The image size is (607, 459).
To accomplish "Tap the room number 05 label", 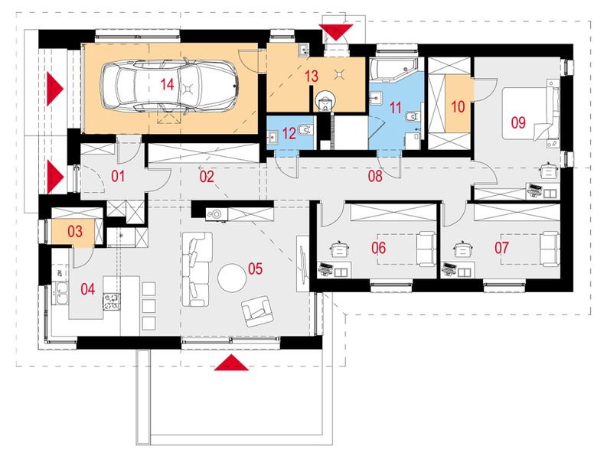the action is tap(255, 269).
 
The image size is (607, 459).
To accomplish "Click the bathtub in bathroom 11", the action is tap(393, 70).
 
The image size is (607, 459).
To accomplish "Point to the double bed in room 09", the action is tap(530, 113).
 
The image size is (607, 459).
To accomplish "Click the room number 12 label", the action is tap(289, 134).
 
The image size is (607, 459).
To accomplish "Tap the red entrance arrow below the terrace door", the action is tap(231, 363).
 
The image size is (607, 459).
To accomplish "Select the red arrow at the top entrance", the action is tap(336, 30).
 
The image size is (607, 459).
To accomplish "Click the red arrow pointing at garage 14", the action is tap(54, 89).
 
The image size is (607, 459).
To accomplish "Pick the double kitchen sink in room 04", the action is tap(60, 294).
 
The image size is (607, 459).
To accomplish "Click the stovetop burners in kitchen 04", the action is tap(112, 302).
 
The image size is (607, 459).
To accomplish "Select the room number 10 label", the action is tap(458, 107).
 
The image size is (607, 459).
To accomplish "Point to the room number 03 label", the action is tap(75, 232).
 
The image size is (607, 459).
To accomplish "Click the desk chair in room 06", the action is tap(340, 249).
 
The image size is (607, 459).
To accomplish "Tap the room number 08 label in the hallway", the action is tap(375, 176).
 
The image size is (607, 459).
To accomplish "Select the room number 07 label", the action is tap(501, 248).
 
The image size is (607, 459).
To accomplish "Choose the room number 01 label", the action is tap(118, 177).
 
